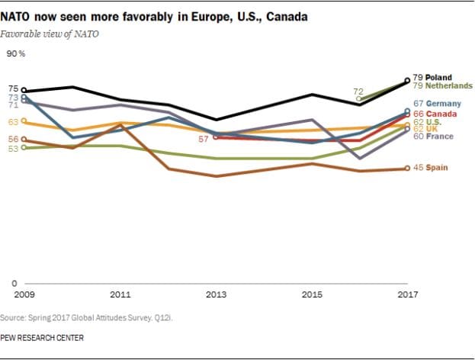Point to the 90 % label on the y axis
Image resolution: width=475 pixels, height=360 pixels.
(16, 53)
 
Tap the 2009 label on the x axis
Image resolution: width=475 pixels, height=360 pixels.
(24, 294)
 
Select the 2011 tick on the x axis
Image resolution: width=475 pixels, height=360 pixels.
(120, 294)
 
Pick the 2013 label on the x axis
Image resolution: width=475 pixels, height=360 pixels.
(216, 294)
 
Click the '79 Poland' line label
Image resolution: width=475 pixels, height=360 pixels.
(432, 77)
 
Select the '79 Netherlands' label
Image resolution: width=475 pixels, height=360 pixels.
(442, 85)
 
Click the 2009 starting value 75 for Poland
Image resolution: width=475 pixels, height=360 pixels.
(13, 89)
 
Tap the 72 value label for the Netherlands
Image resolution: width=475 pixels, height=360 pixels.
(358, 91)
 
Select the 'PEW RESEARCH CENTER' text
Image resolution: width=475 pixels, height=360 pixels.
(42, 337)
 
